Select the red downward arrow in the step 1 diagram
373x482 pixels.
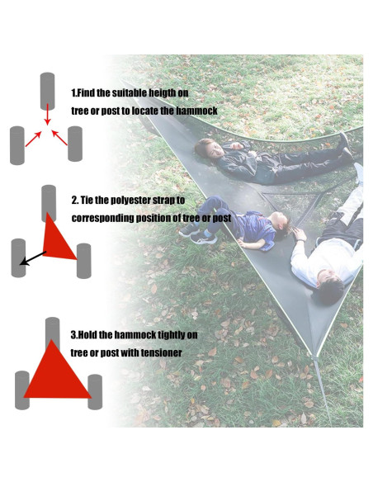tap(48, 116)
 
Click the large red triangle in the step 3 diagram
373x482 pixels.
tap(54, 372)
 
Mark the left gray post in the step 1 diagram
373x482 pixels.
tap(17, 145)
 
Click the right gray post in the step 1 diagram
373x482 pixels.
tap(76, 144)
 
